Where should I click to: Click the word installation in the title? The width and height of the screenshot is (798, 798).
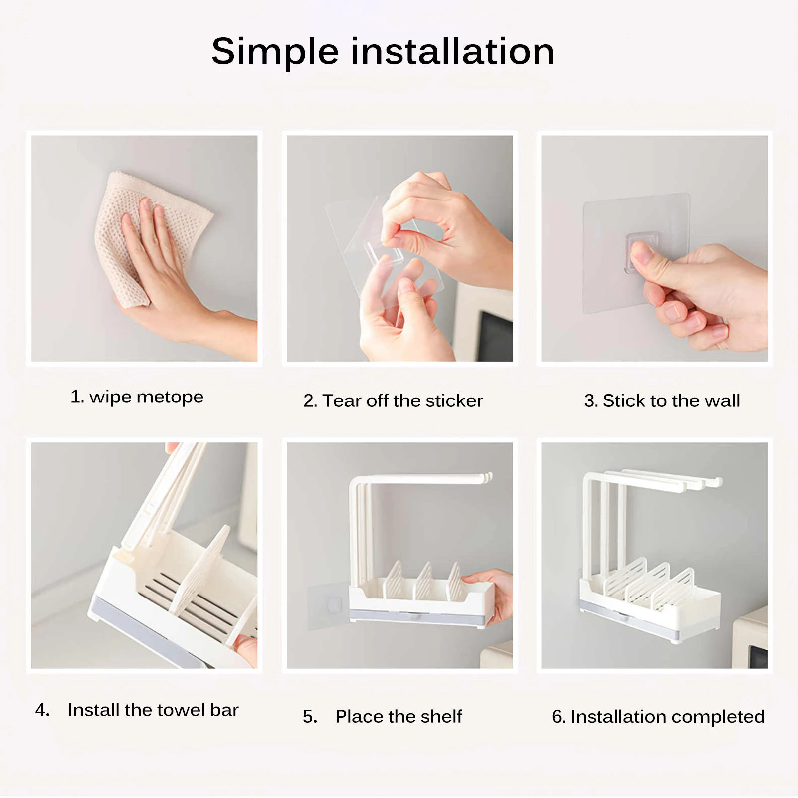[x=452, y=51]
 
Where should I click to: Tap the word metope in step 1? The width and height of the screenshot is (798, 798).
[x=170, y=398]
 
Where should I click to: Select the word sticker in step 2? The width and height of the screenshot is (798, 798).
[x=454, y=401]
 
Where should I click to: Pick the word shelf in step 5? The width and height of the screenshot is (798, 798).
[x=441, y=716]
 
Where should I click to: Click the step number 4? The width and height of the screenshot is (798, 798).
[x=42, y=710]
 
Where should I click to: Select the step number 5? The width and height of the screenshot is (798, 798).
[x=309, y=717]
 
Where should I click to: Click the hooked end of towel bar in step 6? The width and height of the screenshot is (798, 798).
[x=717, y=481]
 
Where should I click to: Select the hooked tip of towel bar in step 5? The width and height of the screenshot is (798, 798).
[x=487, y=478]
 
